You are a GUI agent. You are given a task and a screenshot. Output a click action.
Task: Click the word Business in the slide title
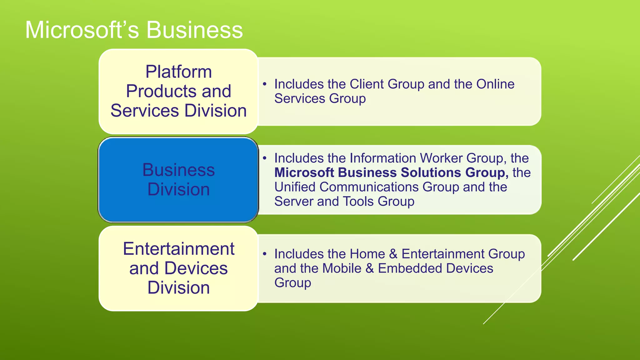(x=194, y=30)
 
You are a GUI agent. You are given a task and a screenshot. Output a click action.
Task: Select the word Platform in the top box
(x=178, y=72)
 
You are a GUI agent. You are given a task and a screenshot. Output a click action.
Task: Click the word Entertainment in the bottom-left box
(x=178, y=249)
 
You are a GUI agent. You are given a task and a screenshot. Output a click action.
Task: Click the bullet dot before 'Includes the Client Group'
(x=265, y=84)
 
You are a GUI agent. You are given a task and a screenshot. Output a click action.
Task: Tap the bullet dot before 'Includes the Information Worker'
(x=265, y=158)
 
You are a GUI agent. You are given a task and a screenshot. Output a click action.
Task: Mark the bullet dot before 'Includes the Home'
(x=265, y=254)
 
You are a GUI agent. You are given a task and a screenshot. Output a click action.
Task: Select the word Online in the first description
(x=495, y=84)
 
